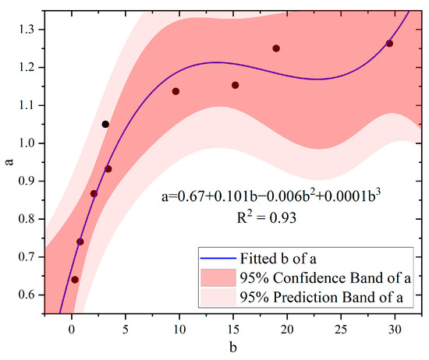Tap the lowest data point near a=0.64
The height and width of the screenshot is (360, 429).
click(75, 280)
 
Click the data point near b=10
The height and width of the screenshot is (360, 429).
click(175, 91)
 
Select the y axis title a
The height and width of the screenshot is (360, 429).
click(7, 163)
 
